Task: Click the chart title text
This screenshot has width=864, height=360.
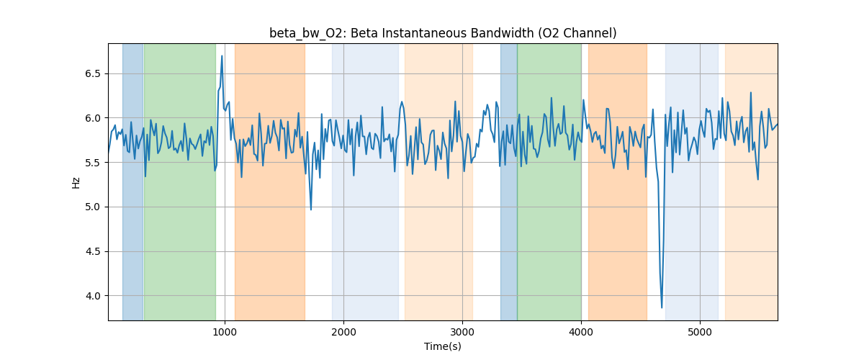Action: coord(443,33)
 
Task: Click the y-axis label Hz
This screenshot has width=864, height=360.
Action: coord(76,182)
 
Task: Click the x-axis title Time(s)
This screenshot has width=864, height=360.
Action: coord(443,346)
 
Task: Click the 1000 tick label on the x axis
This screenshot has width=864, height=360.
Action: coord(225,331)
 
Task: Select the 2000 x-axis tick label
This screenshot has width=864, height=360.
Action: coord(343,331)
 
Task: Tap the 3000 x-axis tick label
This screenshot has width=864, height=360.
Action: coord(462,331)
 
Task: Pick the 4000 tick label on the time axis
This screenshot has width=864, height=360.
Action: coord(581,331)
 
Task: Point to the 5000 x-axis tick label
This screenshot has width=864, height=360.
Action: coord(700,331)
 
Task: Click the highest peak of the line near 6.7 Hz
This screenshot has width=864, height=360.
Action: coord(222,56)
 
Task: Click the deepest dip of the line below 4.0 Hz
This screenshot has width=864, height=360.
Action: coord(662,307)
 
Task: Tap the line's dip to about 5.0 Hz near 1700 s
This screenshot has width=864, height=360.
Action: coord(311,210)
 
